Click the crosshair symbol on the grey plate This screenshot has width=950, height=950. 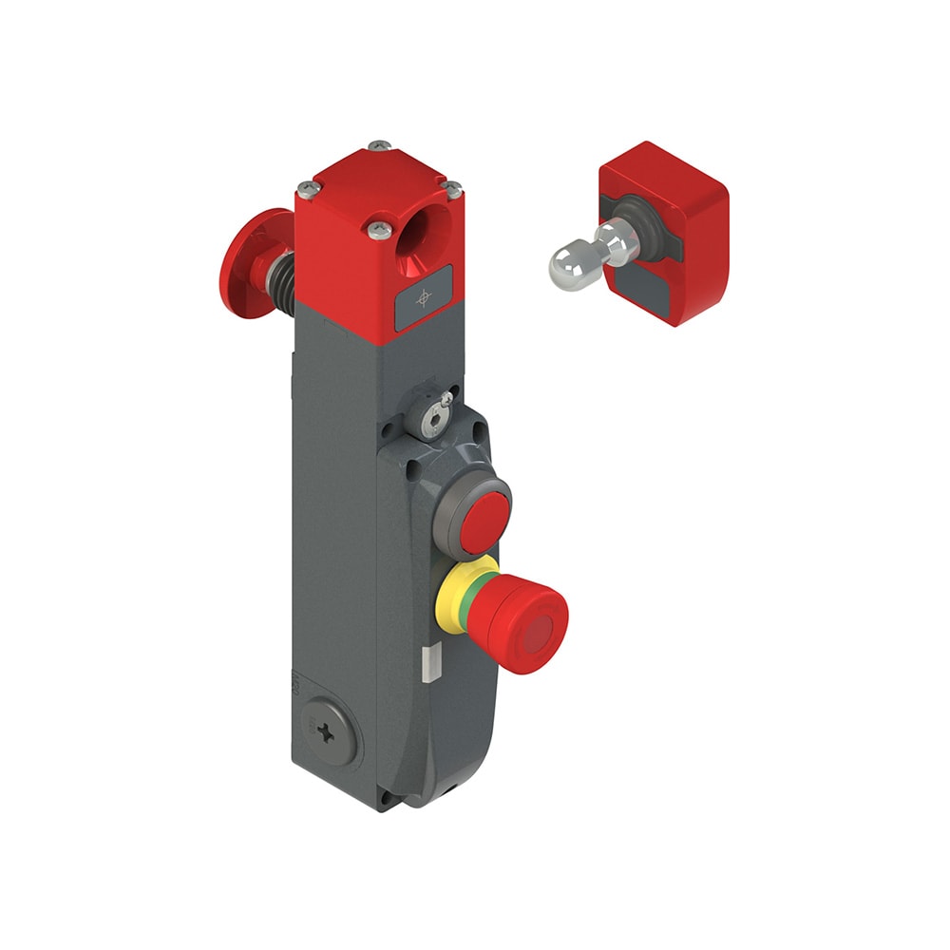(424, 298)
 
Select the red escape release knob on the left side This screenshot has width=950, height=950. (241, 264)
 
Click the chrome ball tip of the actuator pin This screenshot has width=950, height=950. (567, 266)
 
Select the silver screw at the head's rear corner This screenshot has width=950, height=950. (380, 145)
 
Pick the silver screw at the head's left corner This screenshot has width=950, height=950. (304, 187)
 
